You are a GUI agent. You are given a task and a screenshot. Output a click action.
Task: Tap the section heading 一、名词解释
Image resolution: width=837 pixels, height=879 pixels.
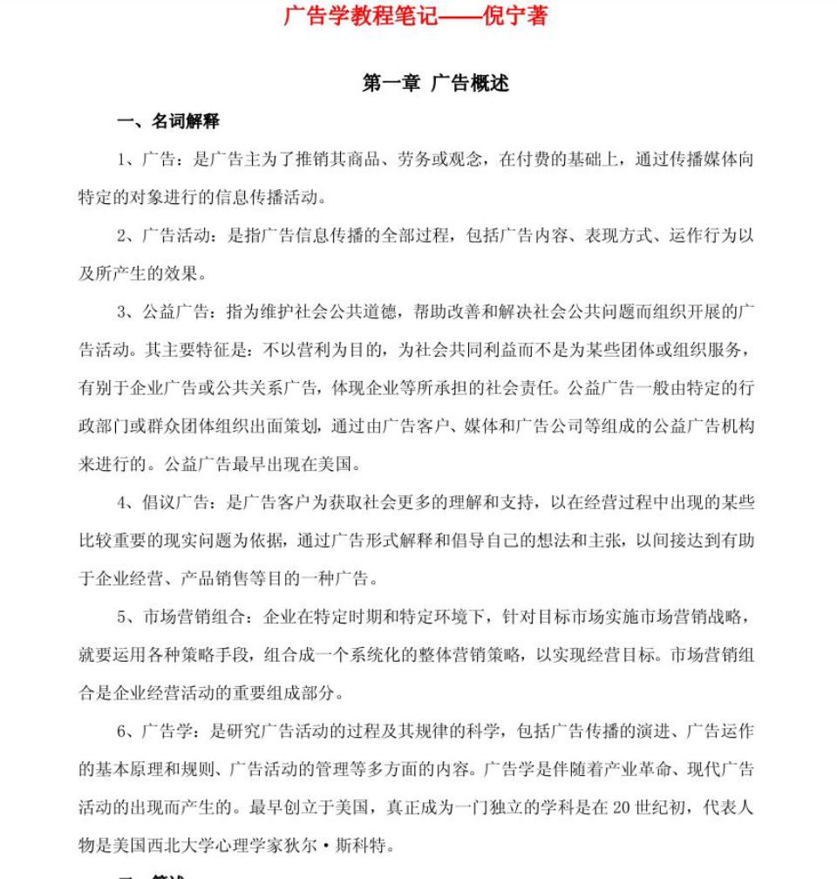point(167,121)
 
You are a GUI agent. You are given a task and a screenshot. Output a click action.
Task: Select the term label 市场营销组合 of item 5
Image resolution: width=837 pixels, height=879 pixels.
point(190,617)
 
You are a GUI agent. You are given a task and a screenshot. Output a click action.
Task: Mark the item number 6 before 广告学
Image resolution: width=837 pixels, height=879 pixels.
point(122,731)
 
